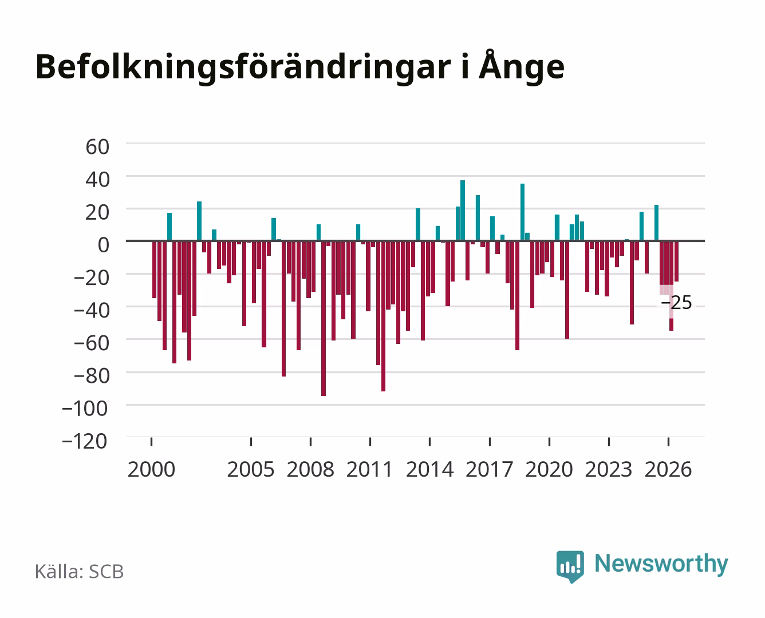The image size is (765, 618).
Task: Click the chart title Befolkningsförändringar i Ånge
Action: tap(300, 67)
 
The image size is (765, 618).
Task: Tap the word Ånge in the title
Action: tap(522, 67)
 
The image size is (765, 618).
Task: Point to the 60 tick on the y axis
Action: tap(97, 147)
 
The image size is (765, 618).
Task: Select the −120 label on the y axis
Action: tap(84, 441)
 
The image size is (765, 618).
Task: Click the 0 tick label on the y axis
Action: tap(104, 245)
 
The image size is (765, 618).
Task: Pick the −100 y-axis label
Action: tap(85, 409)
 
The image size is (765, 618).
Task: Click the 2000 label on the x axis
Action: tap(151, 469)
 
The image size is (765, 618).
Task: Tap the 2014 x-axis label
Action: tap(430, 469)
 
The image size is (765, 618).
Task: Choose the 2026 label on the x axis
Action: tap(668, 469)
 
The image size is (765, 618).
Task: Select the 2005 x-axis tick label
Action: tap(251, 469)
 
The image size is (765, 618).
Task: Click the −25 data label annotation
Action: tap(676, 303)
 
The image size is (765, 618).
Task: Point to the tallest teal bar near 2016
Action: tap(463, 211)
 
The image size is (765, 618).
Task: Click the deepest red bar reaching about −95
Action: tap(324, 318)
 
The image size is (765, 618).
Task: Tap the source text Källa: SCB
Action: tap(80, 572)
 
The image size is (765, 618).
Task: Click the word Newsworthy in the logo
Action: tap(661, 564)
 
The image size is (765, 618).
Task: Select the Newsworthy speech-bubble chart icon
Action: tap(570, 566)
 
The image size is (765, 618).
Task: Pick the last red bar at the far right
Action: tap(676, 261)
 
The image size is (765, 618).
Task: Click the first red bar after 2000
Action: tap(155, 270)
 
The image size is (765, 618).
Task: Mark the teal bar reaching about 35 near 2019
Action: tap(523, 212)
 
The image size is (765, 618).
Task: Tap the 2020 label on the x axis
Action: tap(549, 469)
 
